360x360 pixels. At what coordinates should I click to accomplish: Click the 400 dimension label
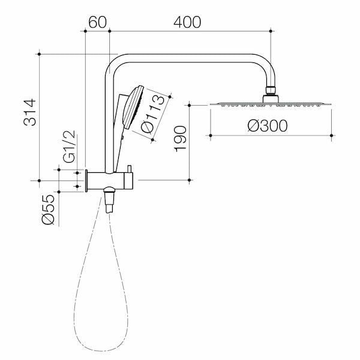[187, 22]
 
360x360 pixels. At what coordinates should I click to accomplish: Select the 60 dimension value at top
[97, 22]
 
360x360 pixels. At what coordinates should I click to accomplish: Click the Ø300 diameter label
[267, 126]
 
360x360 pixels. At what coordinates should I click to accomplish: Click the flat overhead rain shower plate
[271, 104]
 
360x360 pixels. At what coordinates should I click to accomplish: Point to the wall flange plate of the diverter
[88, 180]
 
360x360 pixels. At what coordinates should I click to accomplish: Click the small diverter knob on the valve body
[128, 168]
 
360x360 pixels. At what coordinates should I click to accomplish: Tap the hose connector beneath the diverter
[109, 198]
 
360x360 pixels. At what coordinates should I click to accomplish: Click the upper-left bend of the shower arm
[115, 62]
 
